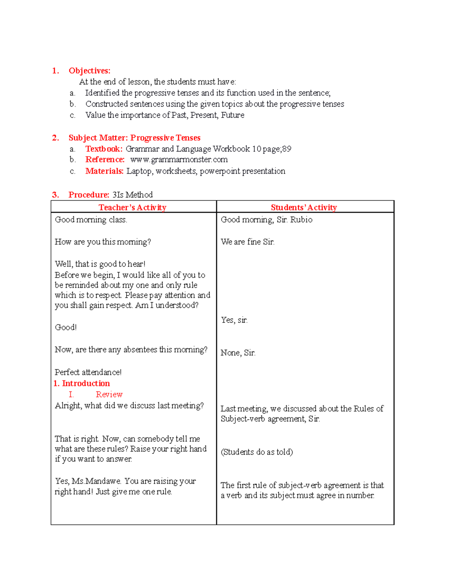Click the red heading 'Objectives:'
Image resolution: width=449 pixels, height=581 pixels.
[x=89, y=71]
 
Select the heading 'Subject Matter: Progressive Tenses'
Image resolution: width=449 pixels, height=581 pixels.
[x=134, y=138]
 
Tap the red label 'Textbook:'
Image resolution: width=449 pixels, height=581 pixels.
[x=104, y=149]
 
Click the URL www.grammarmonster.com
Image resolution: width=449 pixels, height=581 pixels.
[x=179, y=160]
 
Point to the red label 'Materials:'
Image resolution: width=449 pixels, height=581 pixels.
[x=104, y=171]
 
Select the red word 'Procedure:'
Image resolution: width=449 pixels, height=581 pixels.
[x=89, y=195]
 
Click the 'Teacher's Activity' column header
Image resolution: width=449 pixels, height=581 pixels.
[x=132, y=208]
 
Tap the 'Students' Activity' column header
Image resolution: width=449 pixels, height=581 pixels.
[x=303, y=208]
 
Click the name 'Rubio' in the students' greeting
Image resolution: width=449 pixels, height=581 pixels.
[x=301, y=220]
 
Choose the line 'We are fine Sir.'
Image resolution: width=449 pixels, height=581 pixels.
[x=247, y=242]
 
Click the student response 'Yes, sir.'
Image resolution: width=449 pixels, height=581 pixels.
[x=234, y=320]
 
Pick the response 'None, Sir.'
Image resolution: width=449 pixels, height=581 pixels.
[x=238, y=353]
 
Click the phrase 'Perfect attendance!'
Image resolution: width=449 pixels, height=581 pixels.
[x=88, y=372]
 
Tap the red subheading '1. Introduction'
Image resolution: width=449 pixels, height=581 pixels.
[x=82, y=383]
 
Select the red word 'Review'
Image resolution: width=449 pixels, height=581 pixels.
[x=109, y=395]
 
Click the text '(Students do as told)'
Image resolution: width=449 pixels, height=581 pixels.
[x=257, y=452]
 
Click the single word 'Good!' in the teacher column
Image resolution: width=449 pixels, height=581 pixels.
[x=65, y=327]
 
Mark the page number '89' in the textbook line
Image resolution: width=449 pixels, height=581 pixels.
[x=287, y=149]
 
